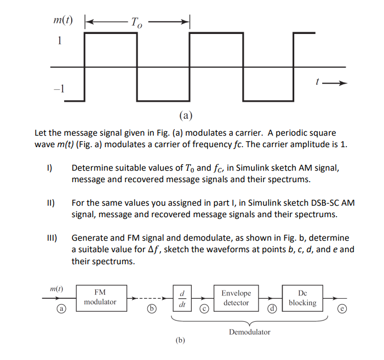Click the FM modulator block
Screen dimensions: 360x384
click(x=100, y=298)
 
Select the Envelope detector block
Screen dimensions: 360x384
click(x=237, y=298)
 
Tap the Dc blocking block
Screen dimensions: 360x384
click(x=303, y=298)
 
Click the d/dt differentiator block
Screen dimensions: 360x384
click(x=181, y=298)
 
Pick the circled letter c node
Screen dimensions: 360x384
click(x=202, y=310)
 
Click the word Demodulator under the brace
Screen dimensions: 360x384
click(x=249, y=332)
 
